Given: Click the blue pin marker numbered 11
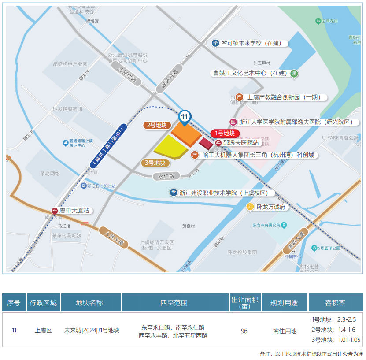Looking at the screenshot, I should coord(185,117).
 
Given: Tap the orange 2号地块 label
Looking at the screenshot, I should coord(157,126).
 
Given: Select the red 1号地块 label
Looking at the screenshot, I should coord(225,133).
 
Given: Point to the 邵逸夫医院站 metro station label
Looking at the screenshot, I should coord(240,143).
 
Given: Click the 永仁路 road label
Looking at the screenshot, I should coord(166,176).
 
